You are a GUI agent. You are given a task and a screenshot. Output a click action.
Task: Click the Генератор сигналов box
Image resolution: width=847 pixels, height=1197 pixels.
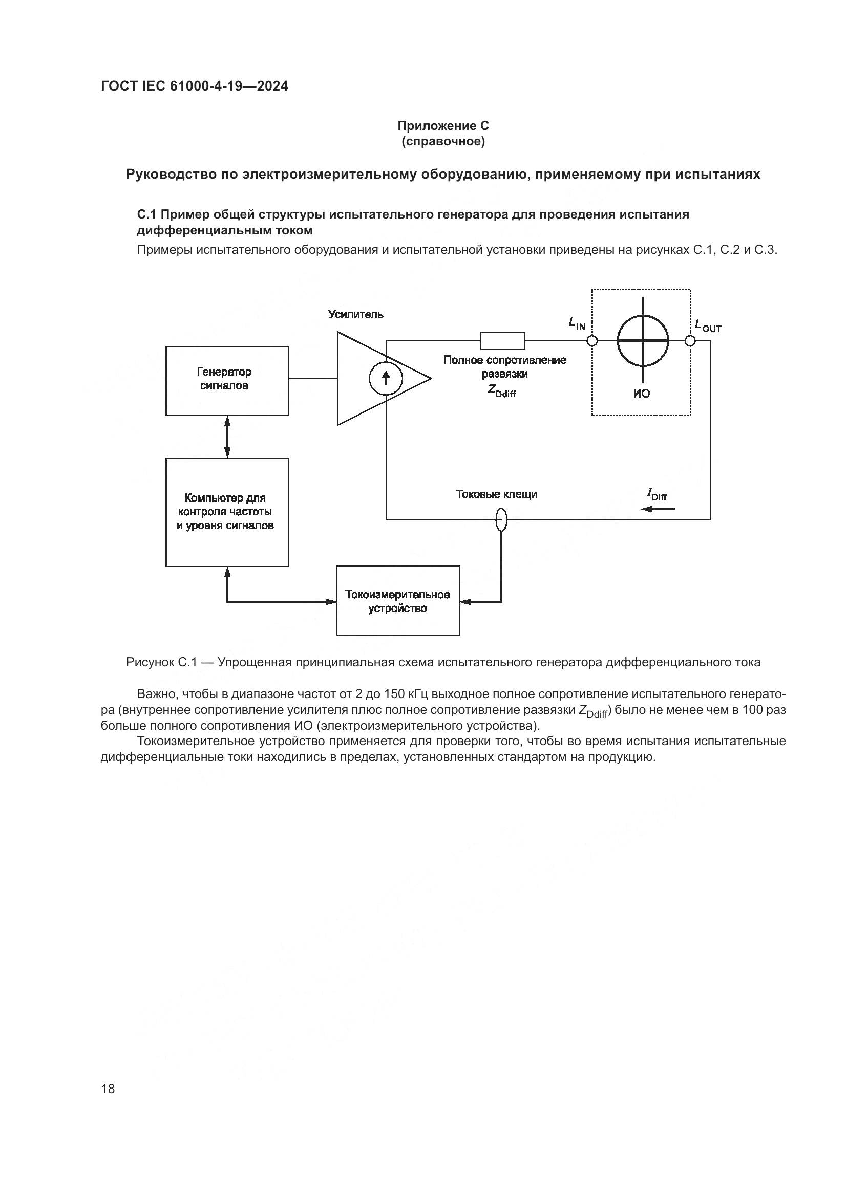click(x=227, y=381)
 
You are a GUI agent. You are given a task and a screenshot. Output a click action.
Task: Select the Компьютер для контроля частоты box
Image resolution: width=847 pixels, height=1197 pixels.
click(x=227, y=511)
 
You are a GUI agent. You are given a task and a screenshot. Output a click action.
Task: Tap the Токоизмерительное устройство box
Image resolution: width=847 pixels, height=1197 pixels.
click(x=398, y=601)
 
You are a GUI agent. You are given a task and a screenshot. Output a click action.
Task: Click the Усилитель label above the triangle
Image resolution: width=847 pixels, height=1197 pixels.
click(x=355, y=314)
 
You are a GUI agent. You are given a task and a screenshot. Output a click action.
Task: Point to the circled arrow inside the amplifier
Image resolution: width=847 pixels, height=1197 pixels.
click(x=386, y=379)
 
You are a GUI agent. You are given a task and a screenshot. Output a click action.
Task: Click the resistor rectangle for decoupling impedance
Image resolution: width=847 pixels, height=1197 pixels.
click(x=502, y=340)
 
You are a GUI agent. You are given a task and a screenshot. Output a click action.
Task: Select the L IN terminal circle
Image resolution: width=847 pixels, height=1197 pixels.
click(x=592, y=341)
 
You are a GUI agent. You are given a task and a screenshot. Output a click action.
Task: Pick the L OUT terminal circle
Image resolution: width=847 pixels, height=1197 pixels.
click(x=689, y=341)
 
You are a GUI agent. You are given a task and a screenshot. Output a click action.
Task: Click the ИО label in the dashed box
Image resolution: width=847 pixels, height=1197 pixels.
click(x=642, y=394)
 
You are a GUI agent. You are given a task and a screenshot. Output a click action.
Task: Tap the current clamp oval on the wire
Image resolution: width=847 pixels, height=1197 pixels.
click(x=501, y=519)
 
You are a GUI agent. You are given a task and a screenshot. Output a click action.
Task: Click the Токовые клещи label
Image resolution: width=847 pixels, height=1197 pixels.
click(x=496, y=494)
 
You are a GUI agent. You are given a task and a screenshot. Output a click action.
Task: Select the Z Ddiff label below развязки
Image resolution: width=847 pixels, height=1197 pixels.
click(x=502, y=390)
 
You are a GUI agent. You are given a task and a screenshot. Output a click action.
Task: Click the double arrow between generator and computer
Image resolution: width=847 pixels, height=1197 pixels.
click(x=227, y=437)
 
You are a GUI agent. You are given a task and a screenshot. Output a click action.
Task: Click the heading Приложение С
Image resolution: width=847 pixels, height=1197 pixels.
click(x=443, y=126)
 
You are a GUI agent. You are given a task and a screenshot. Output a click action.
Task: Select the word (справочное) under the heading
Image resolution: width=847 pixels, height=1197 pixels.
click(x=443, y=141)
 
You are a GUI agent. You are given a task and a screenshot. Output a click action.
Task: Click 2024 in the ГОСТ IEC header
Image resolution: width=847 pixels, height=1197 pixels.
click(x=272, y=86)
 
